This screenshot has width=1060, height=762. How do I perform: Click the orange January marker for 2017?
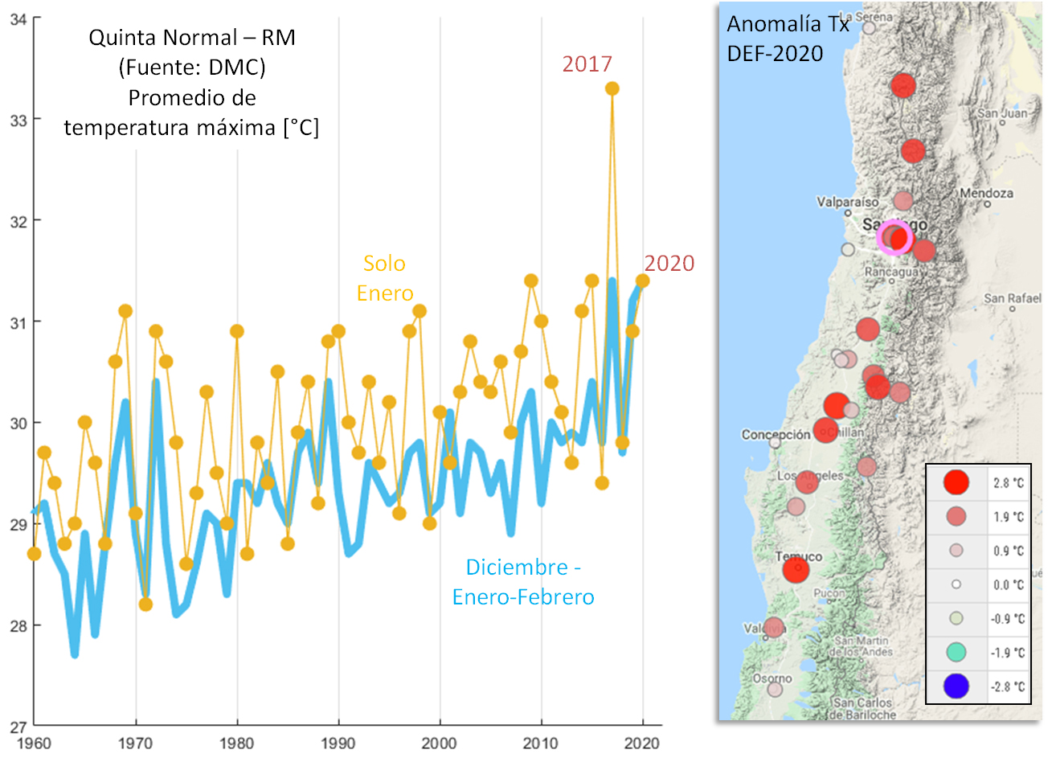612,88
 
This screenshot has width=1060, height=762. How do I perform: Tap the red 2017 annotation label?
587,64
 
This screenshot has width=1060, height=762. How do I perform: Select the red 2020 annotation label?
669,264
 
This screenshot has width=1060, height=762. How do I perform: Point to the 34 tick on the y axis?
18,19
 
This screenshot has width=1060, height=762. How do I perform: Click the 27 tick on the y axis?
18,727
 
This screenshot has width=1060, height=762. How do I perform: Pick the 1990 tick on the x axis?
338,743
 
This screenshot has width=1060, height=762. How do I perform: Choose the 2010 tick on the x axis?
541,743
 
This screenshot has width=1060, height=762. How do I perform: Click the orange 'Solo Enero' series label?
385,278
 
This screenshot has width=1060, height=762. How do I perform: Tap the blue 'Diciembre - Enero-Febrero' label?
523,582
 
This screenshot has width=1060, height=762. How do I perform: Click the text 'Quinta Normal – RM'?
192,38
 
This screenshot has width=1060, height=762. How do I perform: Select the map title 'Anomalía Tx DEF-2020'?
788,39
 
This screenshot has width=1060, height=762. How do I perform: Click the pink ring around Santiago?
894,238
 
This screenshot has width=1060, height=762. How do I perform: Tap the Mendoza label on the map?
986,194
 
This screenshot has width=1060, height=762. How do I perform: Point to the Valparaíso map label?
848,202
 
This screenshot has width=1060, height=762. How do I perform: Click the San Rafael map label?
1012,298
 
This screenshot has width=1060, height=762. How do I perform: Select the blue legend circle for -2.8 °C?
956,686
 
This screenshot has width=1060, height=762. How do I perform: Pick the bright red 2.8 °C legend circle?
956,482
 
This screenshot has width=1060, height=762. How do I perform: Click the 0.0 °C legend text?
1008,584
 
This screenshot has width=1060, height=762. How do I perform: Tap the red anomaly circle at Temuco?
796,571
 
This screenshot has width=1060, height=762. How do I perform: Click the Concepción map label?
776,435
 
